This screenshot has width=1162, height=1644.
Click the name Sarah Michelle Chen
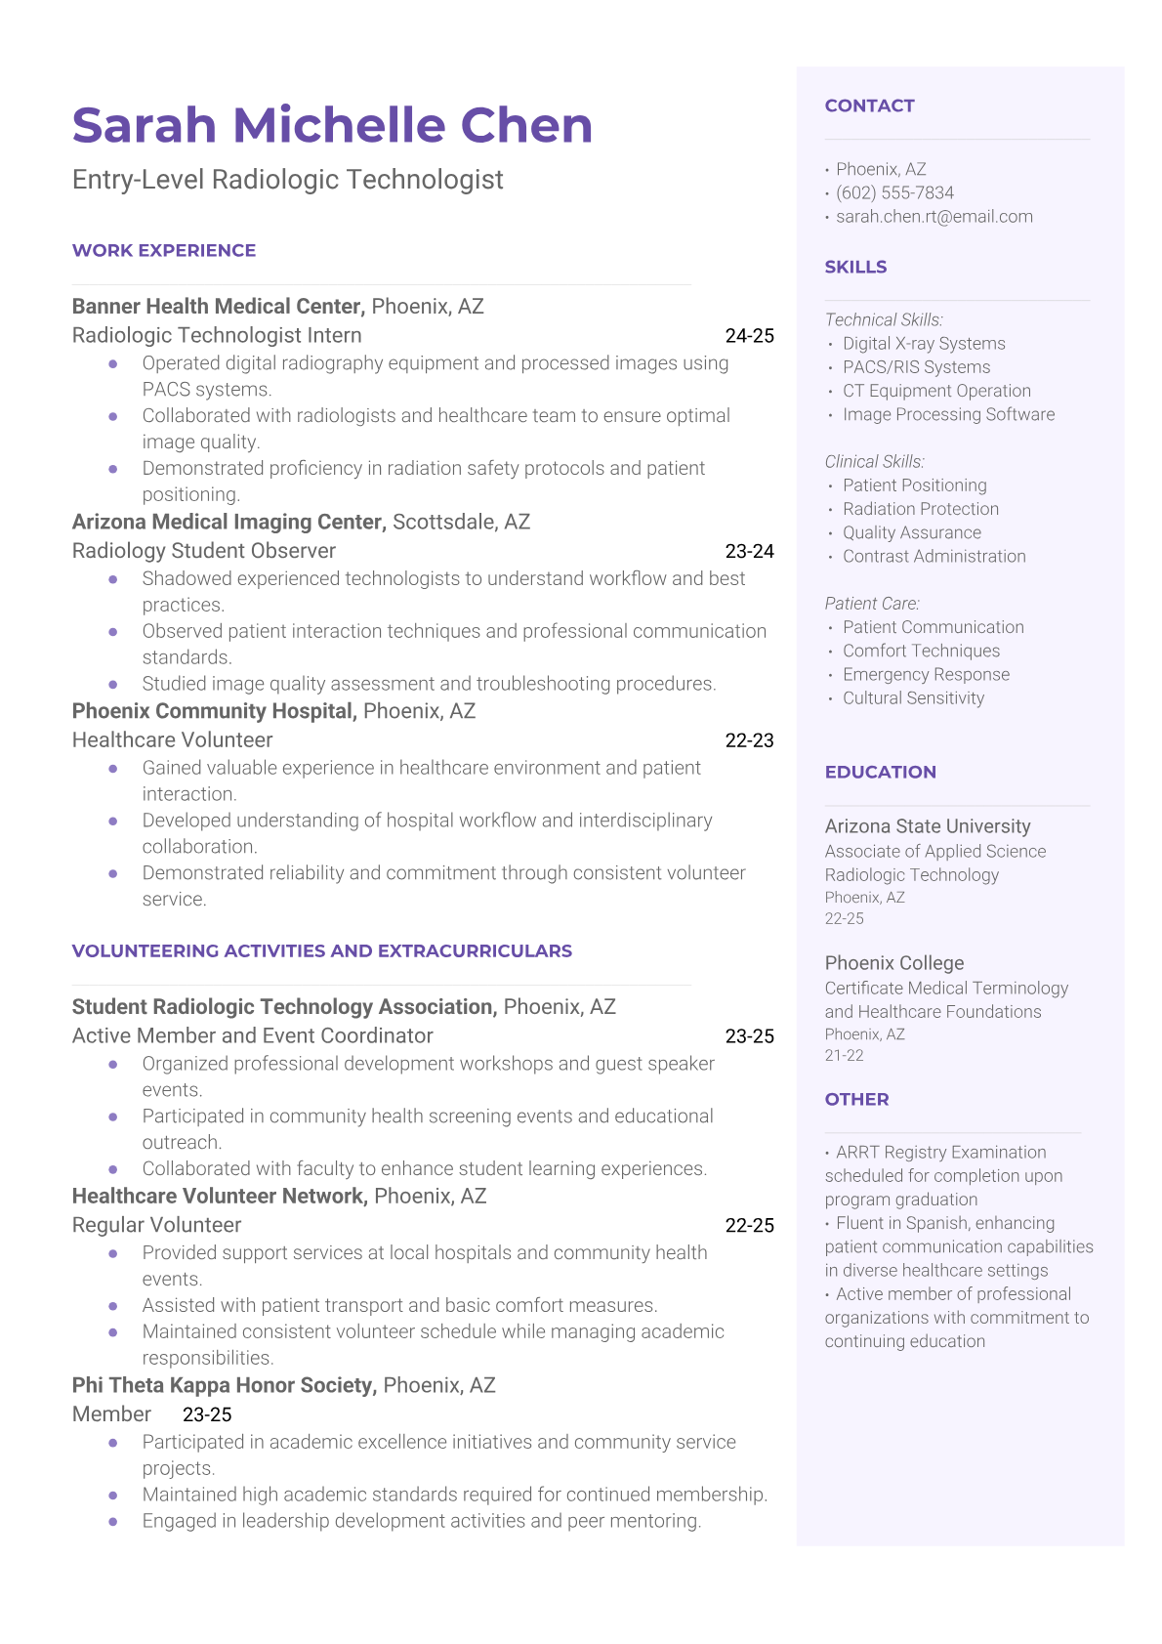click(332, 125)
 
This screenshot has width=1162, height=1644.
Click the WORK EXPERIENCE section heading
click(164, 251)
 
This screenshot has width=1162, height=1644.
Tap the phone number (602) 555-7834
click(894, 193)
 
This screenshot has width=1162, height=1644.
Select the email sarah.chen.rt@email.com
click(934, 217)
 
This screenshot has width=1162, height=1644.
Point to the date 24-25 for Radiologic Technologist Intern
click(749, 336)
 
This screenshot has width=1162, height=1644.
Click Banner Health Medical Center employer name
click(218, 307)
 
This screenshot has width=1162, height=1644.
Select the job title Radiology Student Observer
click(204, 551)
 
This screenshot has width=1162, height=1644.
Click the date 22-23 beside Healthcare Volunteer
click(749, 740)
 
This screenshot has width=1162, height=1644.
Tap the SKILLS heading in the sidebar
click(855, 268)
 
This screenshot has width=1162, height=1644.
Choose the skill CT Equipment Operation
click(936, 391)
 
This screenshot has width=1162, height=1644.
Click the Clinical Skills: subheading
click(874, 461)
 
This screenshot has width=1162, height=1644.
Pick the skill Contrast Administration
click(934, 557)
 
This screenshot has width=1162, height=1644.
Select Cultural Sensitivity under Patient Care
click(913, 698)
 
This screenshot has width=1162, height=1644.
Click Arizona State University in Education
click(927, 826)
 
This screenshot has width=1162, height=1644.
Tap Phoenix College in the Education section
click(893, 963)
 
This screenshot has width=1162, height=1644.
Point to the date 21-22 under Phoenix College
click(844, 1056)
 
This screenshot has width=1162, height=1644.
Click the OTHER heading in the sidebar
click(856, 1100)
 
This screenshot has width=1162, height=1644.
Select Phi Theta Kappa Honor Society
click(223, 1385)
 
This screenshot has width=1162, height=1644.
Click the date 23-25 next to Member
click(207, 1414)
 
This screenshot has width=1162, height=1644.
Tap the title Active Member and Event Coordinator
click(252, 1035)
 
